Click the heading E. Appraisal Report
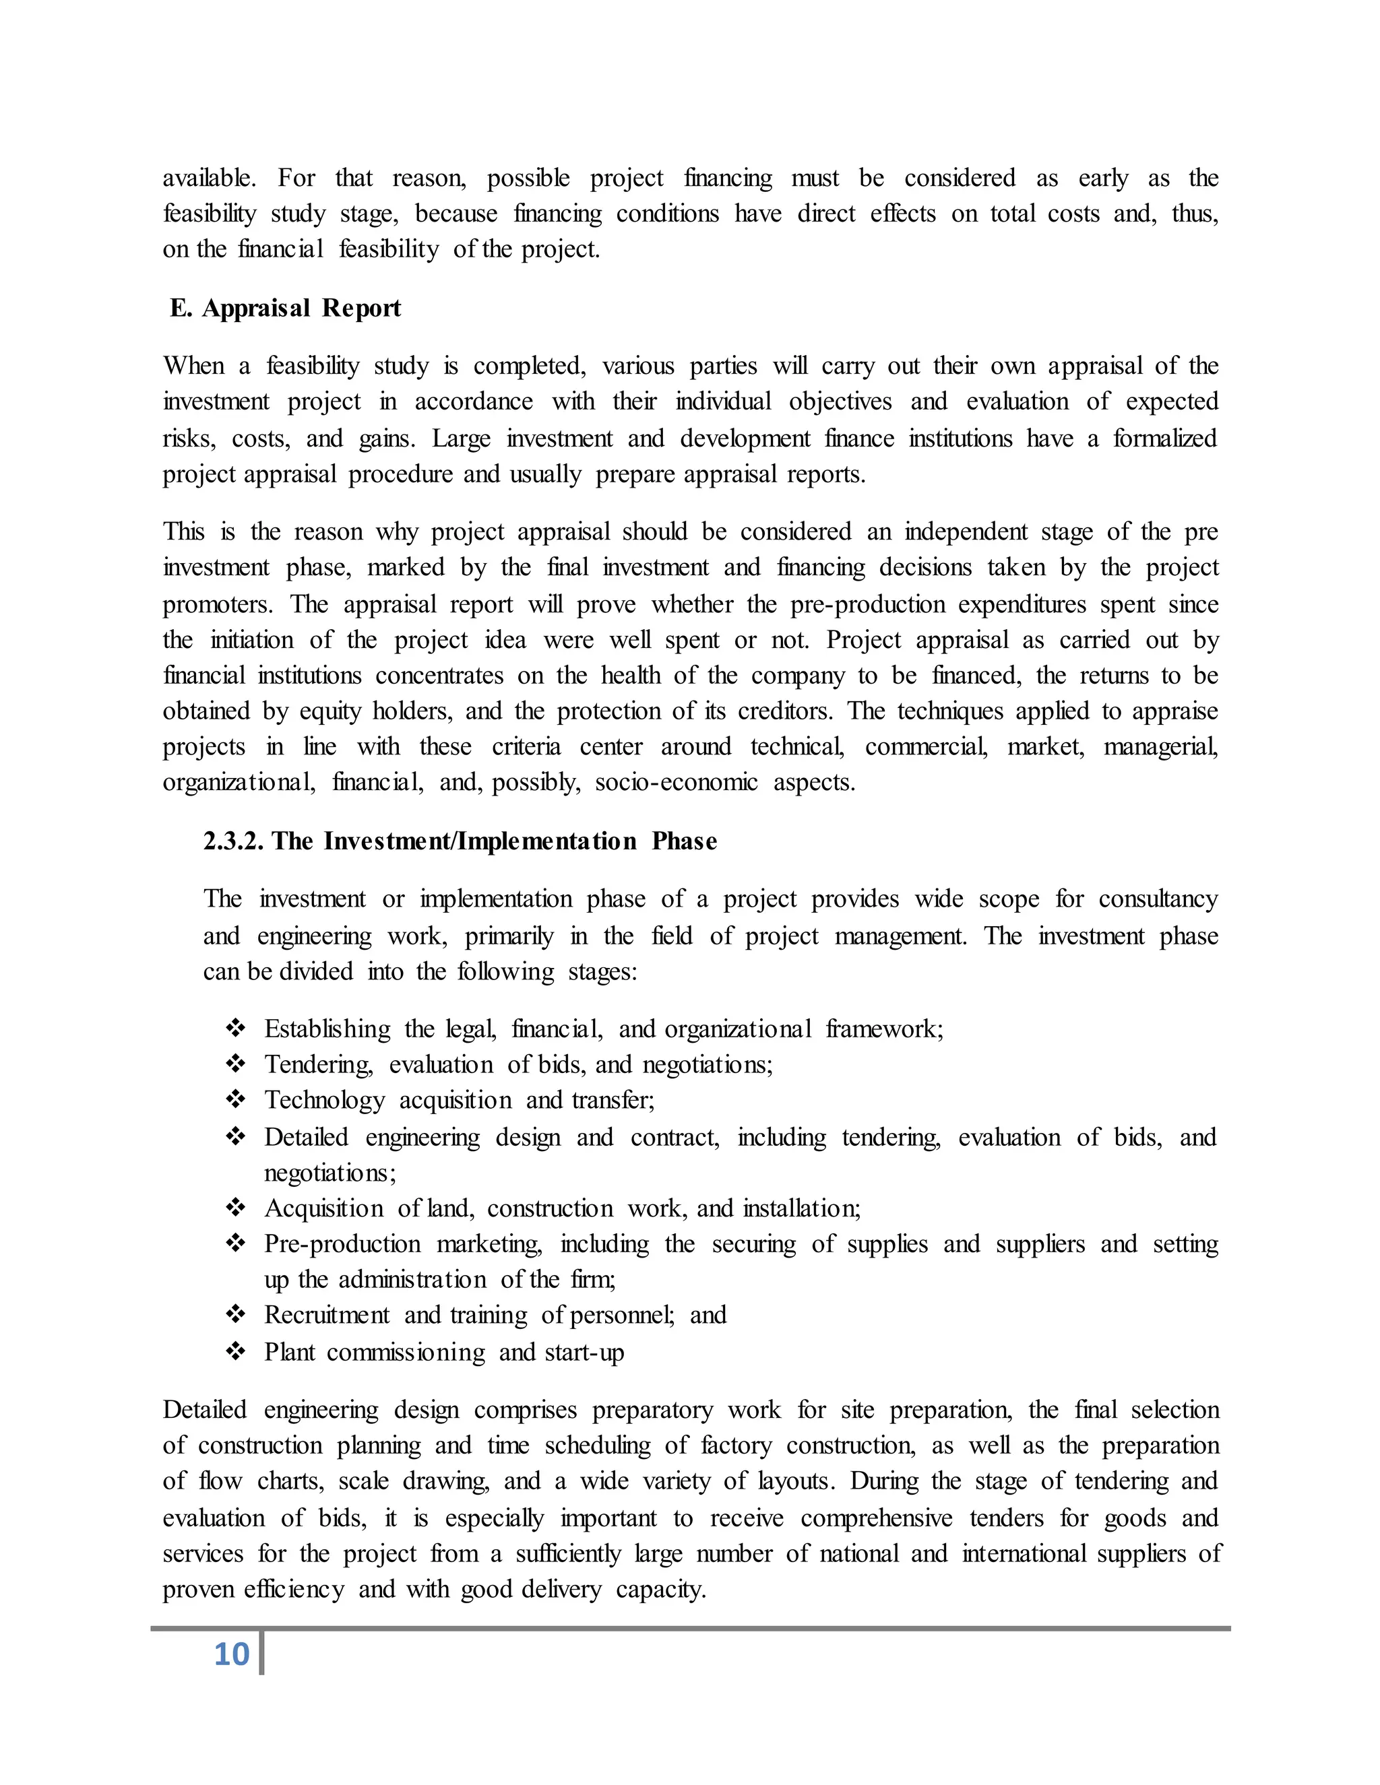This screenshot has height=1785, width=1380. tap(285, 308)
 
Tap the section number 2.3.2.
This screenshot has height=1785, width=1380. tap(233, 841)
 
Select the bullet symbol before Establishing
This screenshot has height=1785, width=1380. tap(235, 1027)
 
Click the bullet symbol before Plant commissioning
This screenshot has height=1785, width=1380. tap(235, 1351)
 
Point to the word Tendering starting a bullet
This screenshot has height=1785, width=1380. tap(318, 1064)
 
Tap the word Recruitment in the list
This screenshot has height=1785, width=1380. tap(327, 1314)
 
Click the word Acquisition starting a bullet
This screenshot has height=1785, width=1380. tap(323, 1208)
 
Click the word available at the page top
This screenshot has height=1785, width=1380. tap(208, 178)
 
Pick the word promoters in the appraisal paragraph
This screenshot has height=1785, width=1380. tap(216, 604)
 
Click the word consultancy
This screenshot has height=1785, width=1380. tap(1158, 899)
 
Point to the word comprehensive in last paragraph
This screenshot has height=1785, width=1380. tap(877, 1518)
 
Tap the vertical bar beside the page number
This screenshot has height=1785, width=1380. tap(261, 1652)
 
